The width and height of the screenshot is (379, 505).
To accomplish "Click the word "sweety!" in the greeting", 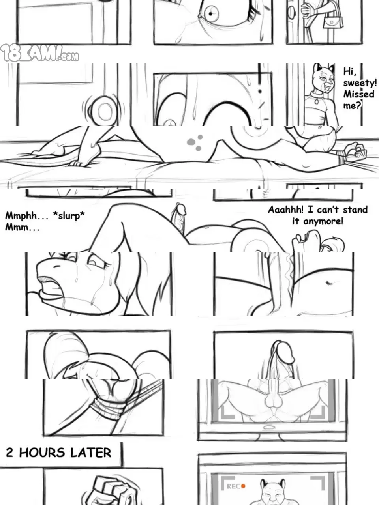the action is (360, 83).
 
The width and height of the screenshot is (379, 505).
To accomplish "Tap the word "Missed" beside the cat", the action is (358, 94).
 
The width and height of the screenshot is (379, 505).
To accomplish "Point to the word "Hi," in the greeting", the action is (350, 71).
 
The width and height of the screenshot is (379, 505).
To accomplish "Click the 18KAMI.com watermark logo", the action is (39, 53).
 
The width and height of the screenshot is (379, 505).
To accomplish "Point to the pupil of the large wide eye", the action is (210, 14).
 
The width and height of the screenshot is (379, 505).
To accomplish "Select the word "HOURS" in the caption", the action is (42, 453).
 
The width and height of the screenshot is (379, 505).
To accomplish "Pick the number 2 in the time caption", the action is (9, 453).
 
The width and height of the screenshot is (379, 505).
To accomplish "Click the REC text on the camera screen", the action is (233, 486).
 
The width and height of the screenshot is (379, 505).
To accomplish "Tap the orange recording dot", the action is (243, 486).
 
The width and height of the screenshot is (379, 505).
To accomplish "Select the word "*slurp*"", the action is (69, 216).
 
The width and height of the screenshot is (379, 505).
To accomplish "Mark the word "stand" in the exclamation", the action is (355, 209).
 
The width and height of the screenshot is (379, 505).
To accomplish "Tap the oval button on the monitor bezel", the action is (267, 427).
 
